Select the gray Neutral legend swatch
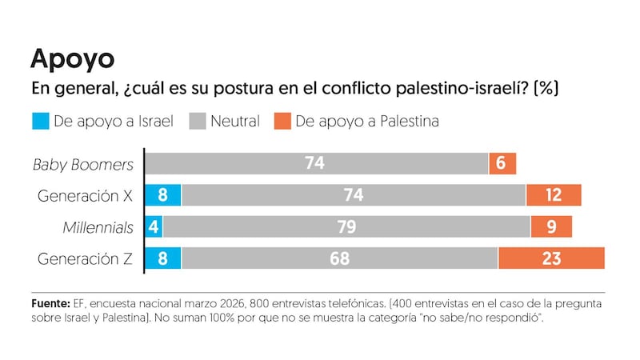(198, 122)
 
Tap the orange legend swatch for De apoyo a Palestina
(282, 122)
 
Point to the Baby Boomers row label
(83, 164)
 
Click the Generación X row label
(86, 195)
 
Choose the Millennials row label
(98, 227)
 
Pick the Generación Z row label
(86, 258)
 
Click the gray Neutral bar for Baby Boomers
(316, 163)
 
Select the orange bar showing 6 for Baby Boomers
(502, 163)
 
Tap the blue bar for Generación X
(163, 195)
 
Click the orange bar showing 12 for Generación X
(553, 195)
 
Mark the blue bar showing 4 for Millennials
(154, 227)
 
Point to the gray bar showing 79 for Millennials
(346, 227)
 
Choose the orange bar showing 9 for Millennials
(551, 227)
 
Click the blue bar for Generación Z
(163, 258)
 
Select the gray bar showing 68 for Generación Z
(339, 258)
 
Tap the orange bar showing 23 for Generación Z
(551, 258)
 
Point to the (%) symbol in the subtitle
(545, 88)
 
